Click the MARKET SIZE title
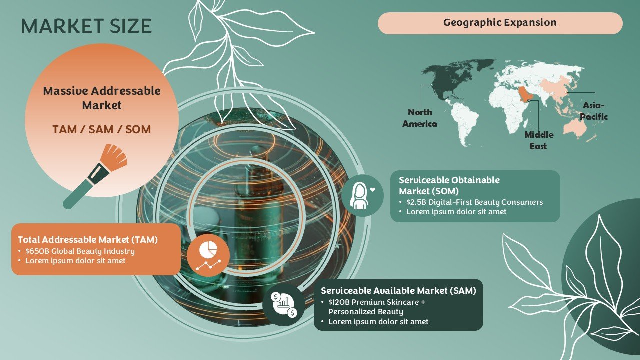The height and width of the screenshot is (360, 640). (x=86, y=26)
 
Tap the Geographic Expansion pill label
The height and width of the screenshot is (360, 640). (x=500, y=23)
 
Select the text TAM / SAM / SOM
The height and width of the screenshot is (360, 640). (x=101, y=129)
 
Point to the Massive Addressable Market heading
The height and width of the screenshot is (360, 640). (x=102, y=98)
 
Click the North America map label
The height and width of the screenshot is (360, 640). (x=420, y=118)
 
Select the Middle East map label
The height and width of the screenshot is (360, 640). (x=539, y=140)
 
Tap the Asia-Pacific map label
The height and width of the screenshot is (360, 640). (x=594, y=111)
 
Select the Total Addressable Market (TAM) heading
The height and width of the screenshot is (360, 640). (x=88, y=239)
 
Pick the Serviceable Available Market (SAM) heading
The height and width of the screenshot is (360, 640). (x=399, y=291)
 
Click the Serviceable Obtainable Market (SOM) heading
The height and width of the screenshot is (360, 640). (x=449, y=185)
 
